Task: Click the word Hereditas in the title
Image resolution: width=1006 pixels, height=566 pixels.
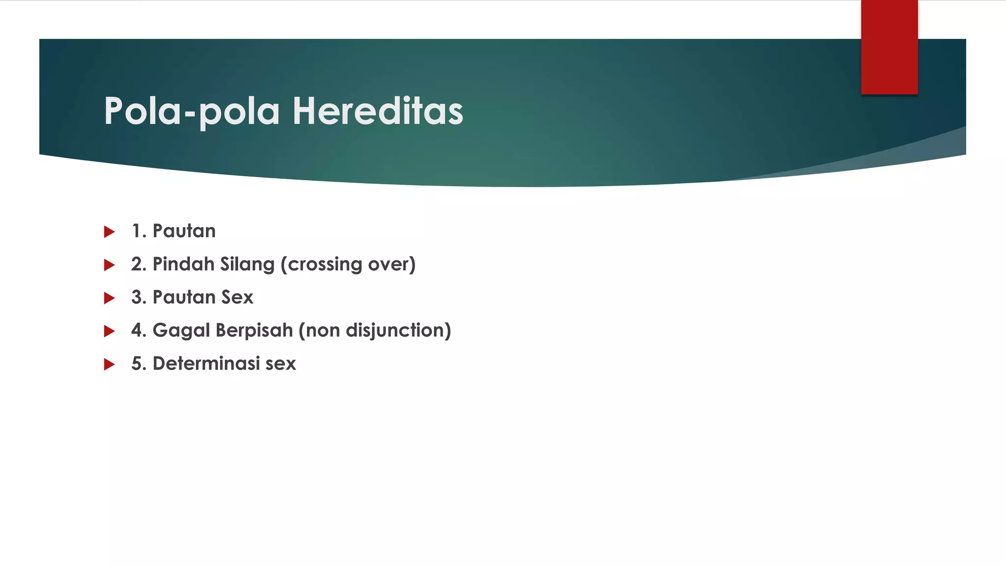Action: (378, 111)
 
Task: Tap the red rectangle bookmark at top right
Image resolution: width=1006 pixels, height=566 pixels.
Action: (889, 47)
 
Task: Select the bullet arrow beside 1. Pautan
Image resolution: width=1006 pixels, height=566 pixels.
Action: (109, 232)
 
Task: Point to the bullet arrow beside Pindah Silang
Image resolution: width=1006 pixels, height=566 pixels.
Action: (109, 265)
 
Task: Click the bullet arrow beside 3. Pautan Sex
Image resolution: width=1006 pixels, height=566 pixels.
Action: (109, 298)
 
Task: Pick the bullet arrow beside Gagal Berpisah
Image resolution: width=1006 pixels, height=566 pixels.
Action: (109, 332)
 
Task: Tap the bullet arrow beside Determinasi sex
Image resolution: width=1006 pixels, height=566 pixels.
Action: (109, 365)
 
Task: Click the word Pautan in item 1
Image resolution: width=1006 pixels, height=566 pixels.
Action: (184, 231)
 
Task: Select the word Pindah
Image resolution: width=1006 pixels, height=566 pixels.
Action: (183, 264)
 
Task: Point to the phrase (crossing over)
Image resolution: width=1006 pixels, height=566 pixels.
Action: (348, 264)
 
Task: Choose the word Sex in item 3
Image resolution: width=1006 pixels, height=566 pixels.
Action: (237, 297)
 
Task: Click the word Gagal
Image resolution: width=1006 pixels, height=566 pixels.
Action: (181, 331)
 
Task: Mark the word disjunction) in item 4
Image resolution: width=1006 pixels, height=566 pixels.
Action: (398, 331)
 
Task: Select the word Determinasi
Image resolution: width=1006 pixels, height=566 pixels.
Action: (206, 364)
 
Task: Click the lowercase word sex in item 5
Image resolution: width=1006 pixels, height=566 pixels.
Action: (280, 364)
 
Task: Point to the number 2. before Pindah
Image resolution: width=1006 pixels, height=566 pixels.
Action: (139, 264)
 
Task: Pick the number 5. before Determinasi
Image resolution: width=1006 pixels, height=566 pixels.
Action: (139, 364)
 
